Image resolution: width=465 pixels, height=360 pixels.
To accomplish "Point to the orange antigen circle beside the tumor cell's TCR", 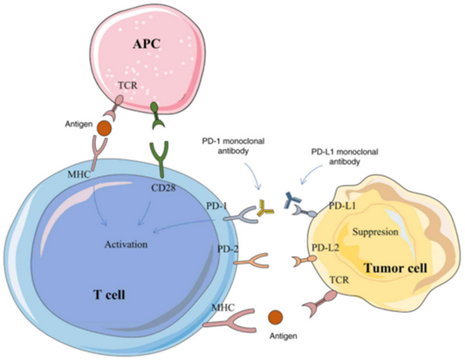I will click(x=277, y=316).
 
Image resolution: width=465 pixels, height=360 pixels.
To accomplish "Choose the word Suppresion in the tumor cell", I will click(x=376, y=233).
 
